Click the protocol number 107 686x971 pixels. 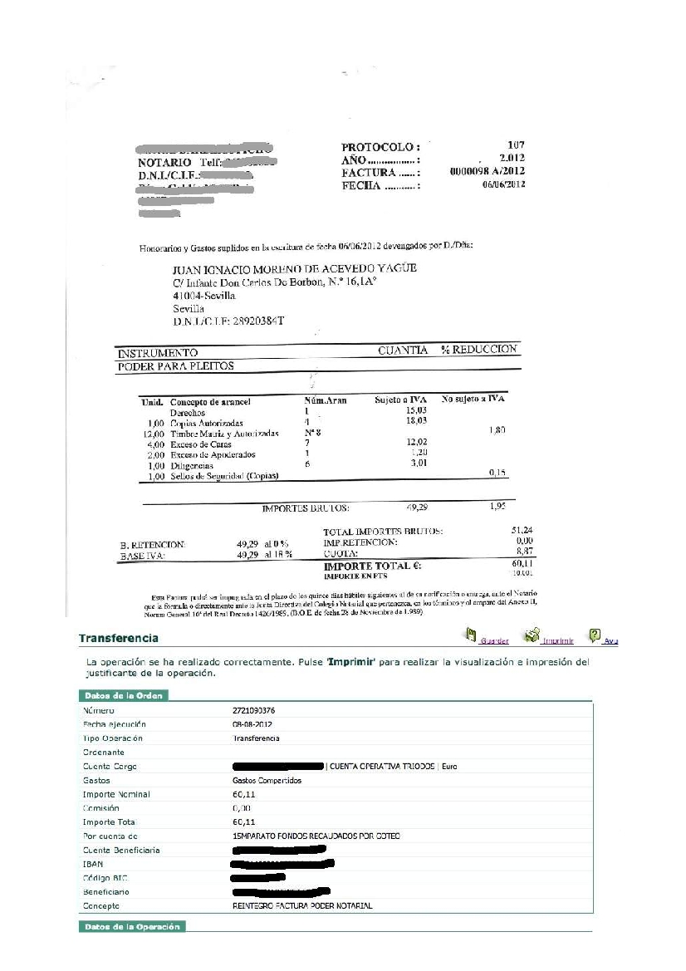coord(516,145)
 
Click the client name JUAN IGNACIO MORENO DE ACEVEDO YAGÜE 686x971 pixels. coord(294,269)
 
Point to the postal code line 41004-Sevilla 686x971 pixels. coord(204,296)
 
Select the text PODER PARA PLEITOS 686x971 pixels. coord(175,366)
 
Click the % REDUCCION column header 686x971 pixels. coord(479,350)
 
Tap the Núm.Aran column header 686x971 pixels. coord(326,401)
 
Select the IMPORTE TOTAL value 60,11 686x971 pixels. coord(520,563)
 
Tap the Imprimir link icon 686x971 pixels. coord(532,636)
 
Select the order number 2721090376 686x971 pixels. coord(254,711)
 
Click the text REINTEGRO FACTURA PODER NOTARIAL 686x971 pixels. coord(303,905)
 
